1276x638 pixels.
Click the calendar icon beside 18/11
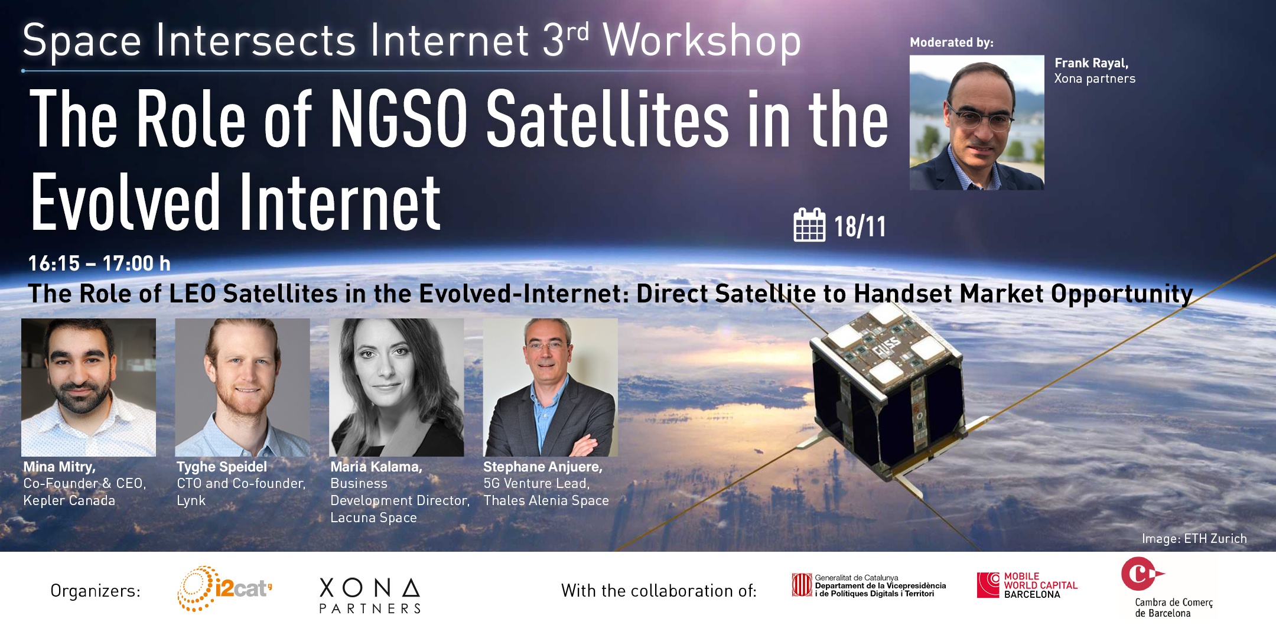(x=809, y=225)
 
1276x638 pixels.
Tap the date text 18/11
(x=860, y=227)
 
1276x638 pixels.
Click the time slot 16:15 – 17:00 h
(x=99, y=263)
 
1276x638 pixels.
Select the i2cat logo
(x=225, y=588)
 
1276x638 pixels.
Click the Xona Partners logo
(x=370, y=595)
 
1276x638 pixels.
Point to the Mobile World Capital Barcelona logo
(x=1027, y=585)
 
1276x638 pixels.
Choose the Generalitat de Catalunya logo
(x=869, y=585)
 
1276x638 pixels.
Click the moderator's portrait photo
(x=977, y=123)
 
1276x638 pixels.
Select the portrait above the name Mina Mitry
(x=89, y=388)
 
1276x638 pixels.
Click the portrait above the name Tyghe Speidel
(x=243, y=388)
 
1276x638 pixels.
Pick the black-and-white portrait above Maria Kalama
(x=396, y=388)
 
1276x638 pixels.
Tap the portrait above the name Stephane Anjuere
(x=551, y=388)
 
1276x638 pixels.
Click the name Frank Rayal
(x=1092, y=63)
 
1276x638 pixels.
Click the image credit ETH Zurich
(x=1194, y=539)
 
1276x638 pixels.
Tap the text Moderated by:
(x=952, y=43)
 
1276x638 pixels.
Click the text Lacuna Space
(x=373, y=518)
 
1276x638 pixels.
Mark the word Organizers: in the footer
(x=96, y=591)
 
